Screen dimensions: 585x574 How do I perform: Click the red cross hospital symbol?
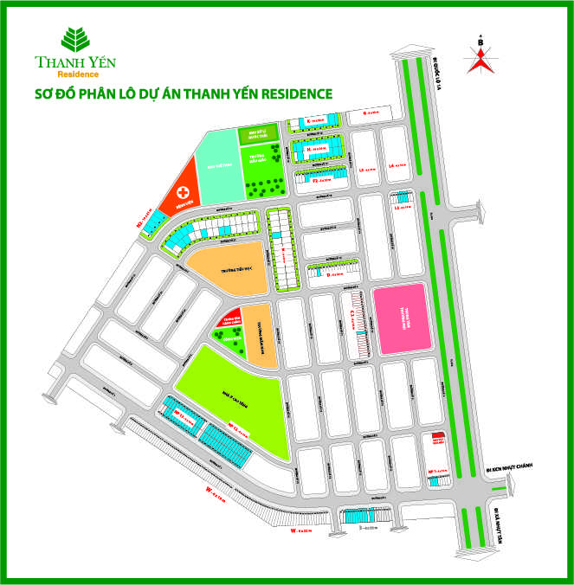pyautogui.click(x=183, y=192)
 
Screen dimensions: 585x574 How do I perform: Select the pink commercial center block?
pyautogui.click(x=399, y=318)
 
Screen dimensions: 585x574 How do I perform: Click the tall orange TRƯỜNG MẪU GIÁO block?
pyautogui.click(x=259, y=334)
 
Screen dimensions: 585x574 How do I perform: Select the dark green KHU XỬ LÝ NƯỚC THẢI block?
pyautogui.click(x=259, y=132)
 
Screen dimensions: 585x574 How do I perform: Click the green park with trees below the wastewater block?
pyautogui.click(x=264, y=170)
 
